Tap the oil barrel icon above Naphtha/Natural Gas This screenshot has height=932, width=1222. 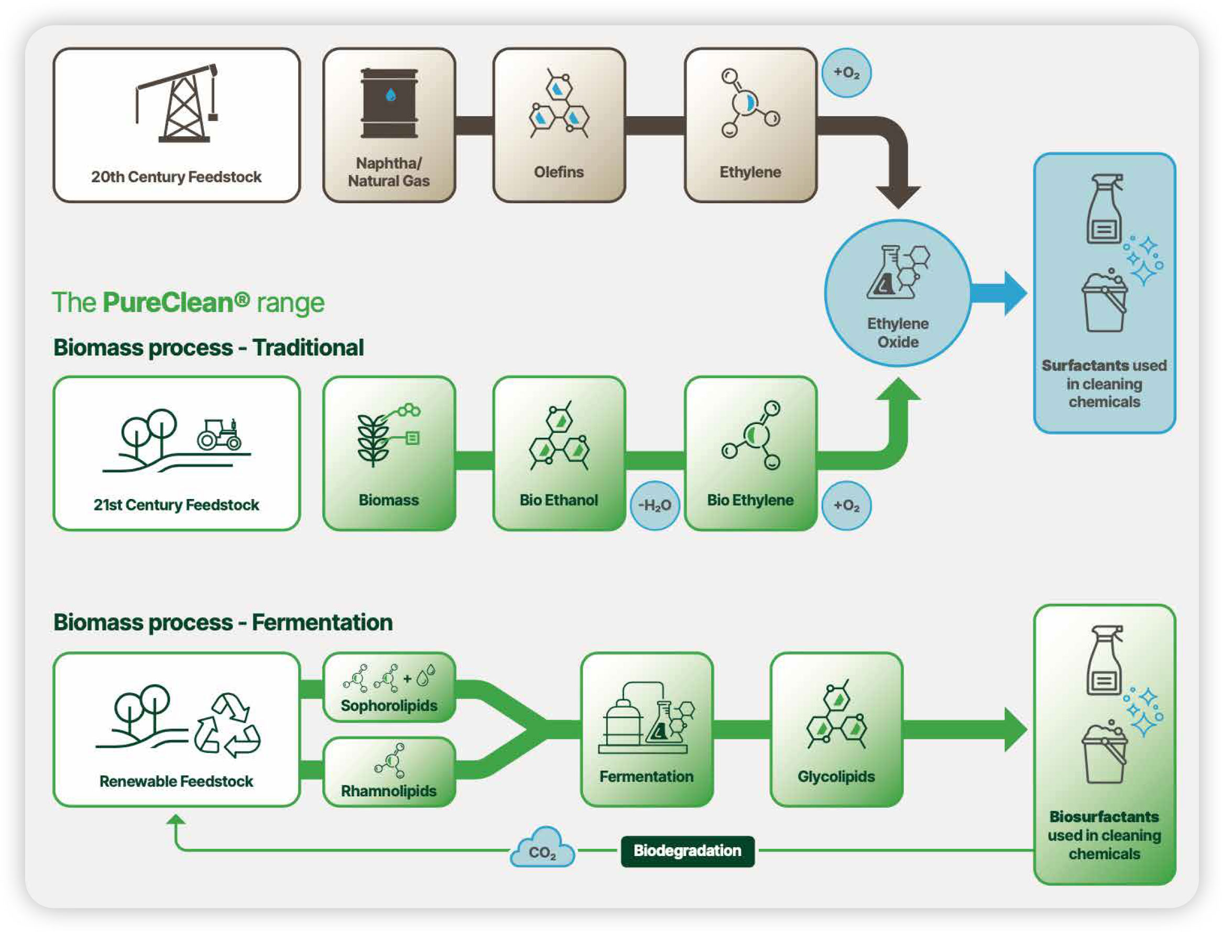click(x=389, y=103)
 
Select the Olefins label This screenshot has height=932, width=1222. click(x=558, y=172)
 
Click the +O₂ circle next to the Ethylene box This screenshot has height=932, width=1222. click(x=846, y=73)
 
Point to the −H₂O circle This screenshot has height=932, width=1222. click(x=654, y=505)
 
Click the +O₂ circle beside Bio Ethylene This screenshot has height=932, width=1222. click(x=846, y=505)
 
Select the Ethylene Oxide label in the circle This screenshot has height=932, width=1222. click(x=897, y=332)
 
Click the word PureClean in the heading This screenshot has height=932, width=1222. click(x=168, y=303)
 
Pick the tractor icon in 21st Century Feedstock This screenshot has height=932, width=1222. click(x=220, y=435)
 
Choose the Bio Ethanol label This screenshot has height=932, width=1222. click(x=558, y=500)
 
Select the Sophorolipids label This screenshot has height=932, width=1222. click(x=389, y=705)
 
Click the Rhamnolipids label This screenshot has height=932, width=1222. click(x=389, y=791)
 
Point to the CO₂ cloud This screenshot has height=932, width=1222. click(x=542, y=848)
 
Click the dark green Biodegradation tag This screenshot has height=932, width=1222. click(x=687, y=850)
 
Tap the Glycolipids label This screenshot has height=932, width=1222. click(x=836, y=776)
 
